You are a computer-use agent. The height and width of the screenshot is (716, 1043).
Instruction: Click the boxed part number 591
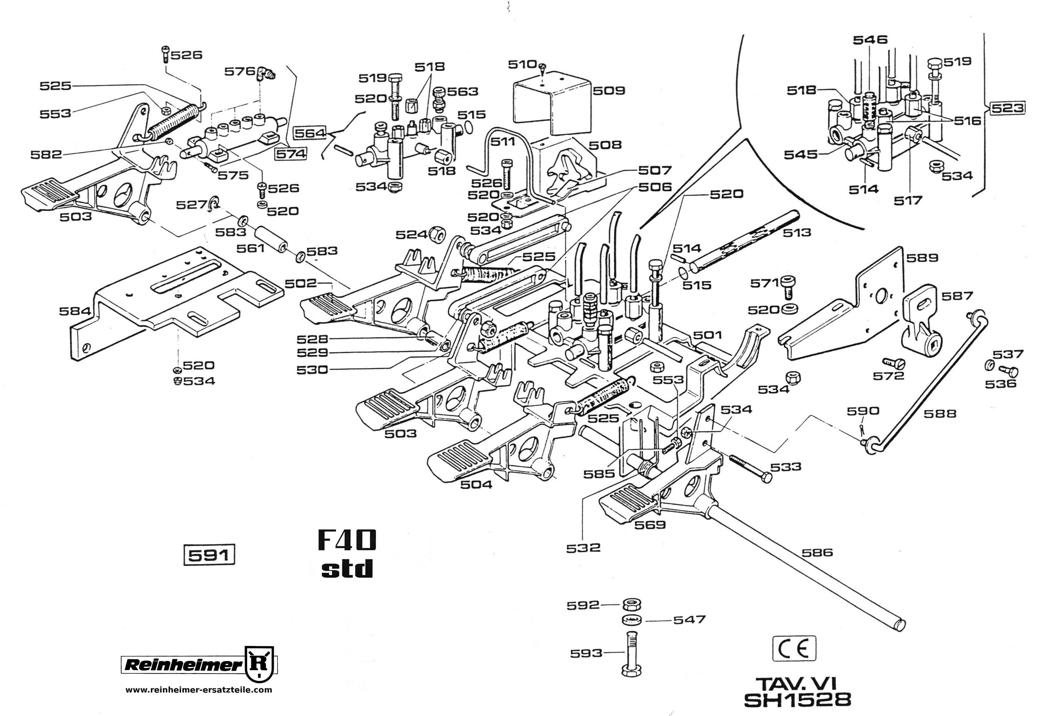[x=209, y=555]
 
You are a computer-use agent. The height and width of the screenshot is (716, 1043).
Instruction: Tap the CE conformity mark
[x=793, y=649]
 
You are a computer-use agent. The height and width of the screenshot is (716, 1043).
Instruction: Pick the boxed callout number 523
[x=1008, y=108]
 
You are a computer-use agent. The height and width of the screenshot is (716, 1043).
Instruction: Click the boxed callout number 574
[x=290, y=154]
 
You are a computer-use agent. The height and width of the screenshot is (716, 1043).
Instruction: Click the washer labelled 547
[x=632, y=620]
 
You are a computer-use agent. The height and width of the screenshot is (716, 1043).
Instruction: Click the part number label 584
[x=75, y=311]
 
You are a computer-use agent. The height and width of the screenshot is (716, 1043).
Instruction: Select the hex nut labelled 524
[x=437, y=233]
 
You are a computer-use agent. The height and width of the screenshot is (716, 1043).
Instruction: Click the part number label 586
[x=817, y=552]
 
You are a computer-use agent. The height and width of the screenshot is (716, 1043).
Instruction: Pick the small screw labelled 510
[x=543, y=67]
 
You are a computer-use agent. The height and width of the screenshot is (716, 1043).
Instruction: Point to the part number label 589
[x=922, y=258]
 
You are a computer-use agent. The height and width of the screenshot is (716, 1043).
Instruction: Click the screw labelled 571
[x=788, y=286]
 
